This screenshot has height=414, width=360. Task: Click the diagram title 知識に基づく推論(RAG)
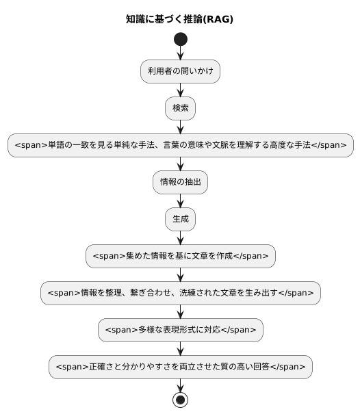tap(180, 19)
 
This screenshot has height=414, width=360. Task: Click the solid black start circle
tap(181, 39)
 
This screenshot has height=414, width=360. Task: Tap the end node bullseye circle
tap(181, 399)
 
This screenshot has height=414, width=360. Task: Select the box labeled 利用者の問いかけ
tap(181, 71)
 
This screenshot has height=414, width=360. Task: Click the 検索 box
tap(181, 108)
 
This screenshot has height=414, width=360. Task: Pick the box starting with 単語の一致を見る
tap(181, 145)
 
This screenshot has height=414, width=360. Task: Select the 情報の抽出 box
tap(181, 182)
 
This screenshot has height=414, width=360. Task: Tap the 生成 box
tap(181, 219)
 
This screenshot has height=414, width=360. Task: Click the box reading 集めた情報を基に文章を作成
tap(181, 256)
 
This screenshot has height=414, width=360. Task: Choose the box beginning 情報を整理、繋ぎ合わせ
tap(181, 293)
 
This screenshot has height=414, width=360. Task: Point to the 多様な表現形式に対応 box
tap(181, 330)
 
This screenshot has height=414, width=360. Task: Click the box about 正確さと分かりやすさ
tap(181, 367)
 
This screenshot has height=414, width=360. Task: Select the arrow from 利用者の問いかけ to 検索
tap(181, 90)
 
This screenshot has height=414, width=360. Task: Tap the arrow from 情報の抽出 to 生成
tap(181, 200)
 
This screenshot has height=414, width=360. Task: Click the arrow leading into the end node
tap(181, 385)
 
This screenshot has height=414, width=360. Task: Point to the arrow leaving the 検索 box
tap(181, 127)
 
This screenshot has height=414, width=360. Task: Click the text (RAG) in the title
tap(218, 19)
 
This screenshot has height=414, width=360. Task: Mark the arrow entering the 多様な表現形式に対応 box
tap(181, 311)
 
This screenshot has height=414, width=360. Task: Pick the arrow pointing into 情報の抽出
tap(181, 164)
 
